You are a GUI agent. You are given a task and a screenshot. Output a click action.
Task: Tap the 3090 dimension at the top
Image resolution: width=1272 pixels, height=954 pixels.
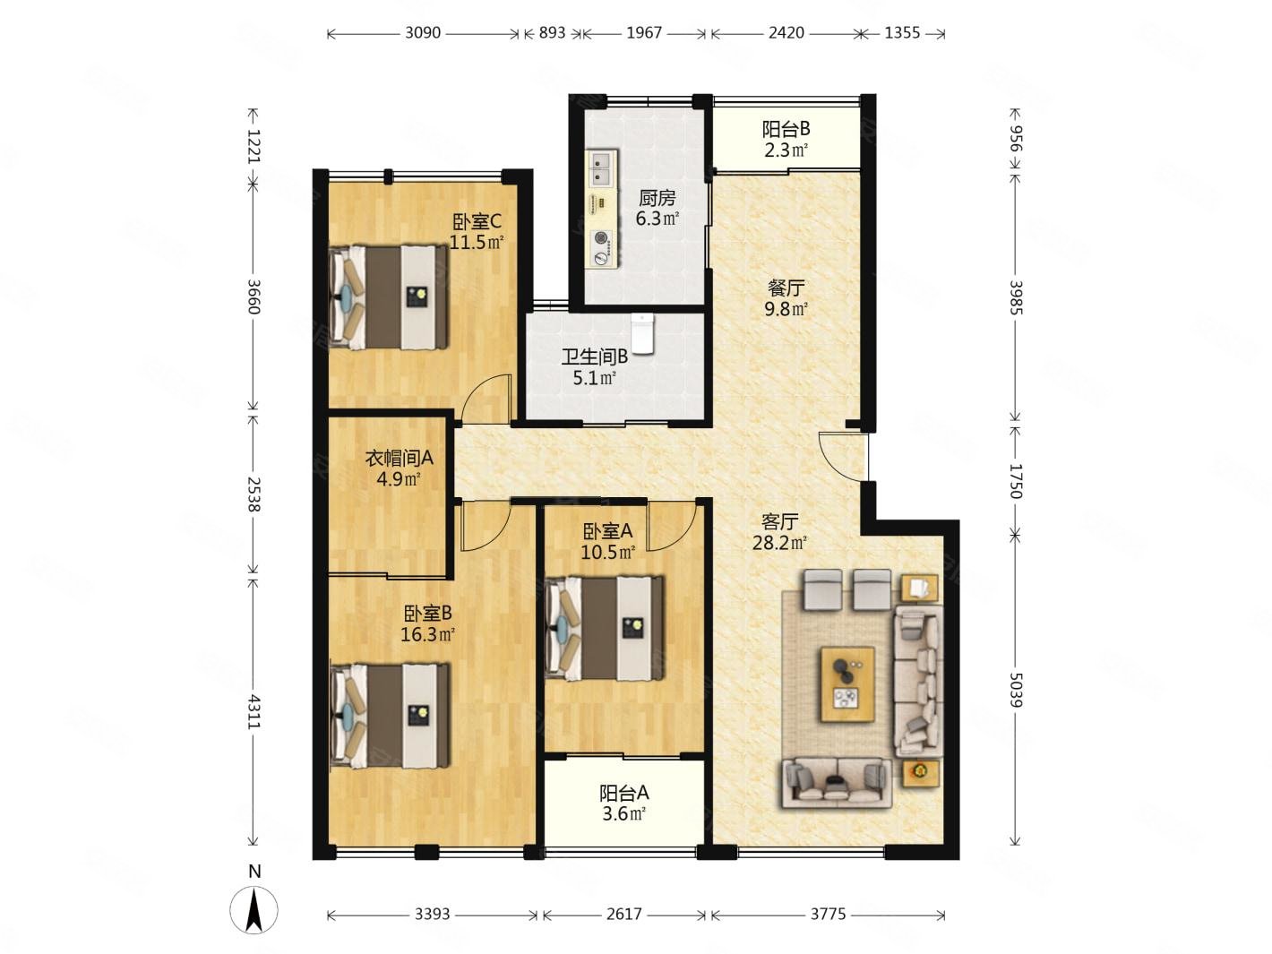pyautogui.click(x=423, y=33)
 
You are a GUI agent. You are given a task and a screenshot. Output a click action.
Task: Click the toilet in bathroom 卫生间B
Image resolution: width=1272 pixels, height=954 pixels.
pyautogui.click(x=641, y=334)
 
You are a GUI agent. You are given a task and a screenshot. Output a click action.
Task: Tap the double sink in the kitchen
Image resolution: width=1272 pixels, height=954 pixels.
pyautogui.click(x=601, y=168)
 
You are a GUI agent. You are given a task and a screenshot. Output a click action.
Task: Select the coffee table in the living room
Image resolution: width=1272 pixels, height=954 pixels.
pyautogui.click(x=847, y=684)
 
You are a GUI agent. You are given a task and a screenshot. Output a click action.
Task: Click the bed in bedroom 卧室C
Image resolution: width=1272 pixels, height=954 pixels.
pyautogui.click(x=389, y=297)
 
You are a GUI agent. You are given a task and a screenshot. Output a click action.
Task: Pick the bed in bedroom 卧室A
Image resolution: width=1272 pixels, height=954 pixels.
pyautogui.click(x=605, y=628)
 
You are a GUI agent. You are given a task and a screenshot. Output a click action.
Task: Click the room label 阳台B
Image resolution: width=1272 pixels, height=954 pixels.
pyautogui.click(x=786, y=129)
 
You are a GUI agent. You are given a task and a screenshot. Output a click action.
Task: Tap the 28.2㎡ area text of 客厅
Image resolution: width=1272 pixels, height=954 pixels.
pyautogui.click(x=779, y=544)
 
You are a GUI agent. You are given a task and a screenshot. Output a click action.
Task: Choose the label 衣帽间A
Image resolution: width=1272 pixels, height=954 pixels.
pyautogui.click(x=399, y=458)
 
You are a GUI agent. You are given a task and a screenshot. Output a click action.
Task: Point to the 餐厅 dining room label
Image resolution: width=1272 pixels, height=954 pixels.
pyautogui.click(x=786, y=288)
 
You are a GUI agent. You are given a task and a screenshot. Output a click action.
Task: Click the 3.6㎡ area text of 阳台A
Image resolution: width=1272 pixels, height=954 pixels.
pyautogui.click(x=623, y=813)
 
